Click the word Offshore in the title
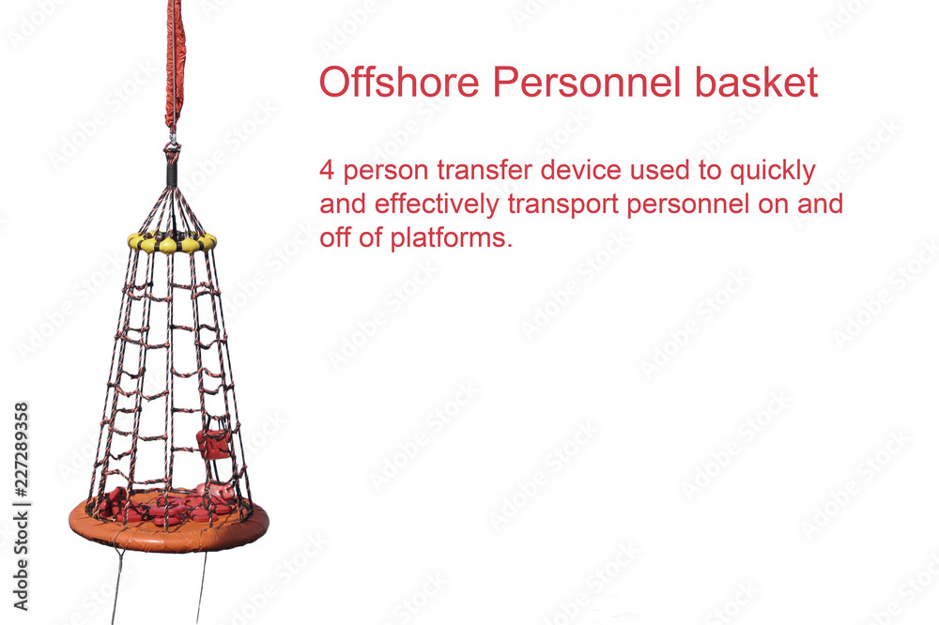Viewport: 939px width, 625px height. [399, 82]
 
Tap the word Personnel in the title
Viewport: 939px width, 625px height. [588, 82]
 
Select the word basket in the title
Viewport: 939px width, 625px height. [756, 82]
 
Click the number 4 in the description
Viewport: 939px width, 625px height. [327, 170]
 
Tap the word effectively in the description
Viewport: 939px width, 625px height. [437, 205]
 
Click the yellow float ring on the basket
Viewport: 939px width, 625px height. [172, 242]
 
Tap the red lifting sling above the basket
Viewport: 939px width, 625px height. [175, 63]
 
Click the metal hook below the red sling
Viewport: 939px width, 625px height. [173, 139]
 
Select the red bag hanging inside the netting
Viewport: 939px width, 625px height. [213, 444]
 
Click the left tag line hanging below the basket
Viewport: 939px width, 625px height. [116, 587]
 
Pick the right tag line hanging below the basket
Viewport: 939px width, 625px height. [202, 587]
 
